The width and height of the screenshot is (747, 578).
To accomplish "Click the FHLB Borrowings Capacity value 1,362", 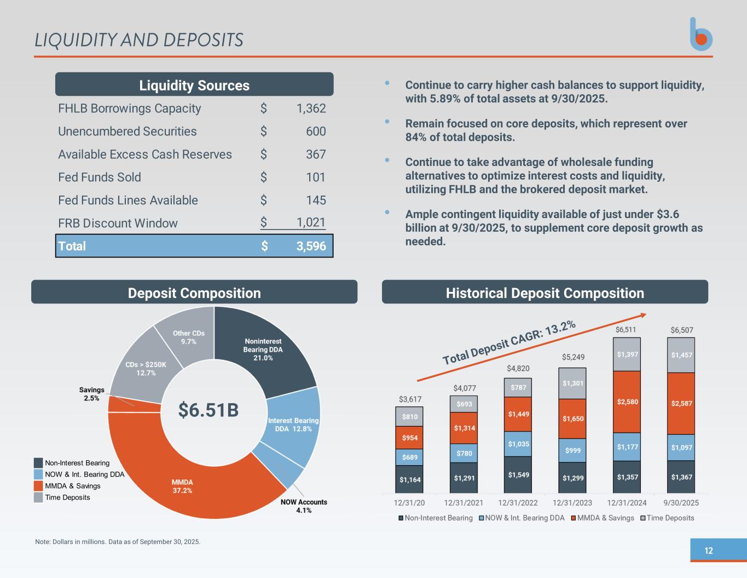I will tap(311, 108).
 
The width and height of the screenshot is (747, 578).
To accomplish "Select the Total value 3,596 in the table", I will tap(311, 247).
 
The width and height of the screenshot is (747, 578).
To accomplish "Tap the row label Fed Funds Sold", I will tap(100, 178).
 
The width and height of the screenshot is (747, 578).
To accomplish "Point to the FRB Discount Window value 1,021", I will tap(311, 223).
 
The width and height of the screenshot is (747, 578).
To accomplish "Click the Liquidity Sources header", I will tap(194, 85).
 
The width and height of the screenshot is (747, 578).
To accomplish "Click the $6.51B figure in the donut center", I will tap(209, 410).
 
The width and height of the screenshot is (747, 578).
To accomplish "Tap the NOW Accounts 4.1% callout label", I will tap(304, 506).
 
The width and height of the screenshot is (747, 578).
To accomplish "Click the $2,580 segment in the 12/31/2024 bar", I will tap(627, 402).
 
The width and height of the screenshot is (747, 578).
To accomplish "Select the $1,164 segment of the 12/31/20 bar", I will tap(410, 480).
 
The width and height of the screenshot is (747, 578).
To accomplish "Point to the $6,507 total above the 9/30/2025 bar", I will tap(681, 330).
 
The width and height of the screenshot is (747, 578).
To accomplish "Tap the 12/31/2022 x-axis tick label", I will tap(518, 502).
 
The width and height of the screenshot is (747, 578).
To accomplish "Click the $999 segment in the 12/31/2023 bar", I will tap(573, 450).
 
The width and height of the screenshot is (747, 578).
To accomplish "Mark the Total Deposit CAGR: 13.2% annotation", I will tap(508, 342).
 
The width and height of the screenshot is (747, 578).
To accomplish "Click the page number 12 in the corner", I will tap(709, 551).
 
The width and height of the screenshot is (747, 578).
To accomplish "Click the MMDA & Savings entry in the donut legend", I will tap(72, 486).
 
